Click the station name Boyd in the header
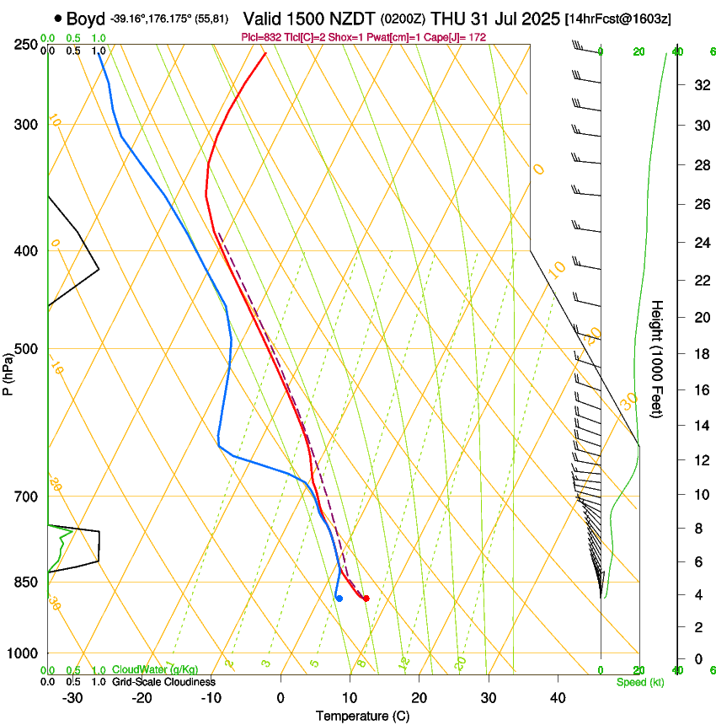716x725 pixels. [x=85, y=18]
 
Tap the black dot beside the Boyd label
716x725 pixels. [x=57, y=18]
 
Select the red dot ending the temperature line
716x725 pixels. [x=366, y=599]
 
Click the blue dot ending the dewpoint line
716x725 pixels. [x=339, y=599]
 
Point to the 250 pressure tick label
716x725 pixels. [x=27, y=45]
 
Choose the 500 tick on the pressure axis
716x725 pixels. [x=27, y=349]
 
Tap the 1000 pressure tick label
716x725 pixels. [x=24, y=653]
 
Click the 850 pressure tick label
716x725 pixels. [x=27, y=583]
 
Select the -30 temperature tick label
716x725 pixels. [x=72, y=698]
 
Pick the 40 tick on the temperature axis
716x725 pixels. [x=558, y=698]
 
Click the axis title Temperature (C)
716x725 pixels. [x=362, y=716]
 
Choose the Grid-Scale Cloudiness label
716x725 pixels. [x=163, y=682]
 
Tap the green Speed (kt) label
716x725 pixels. [x=639, y=682]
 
